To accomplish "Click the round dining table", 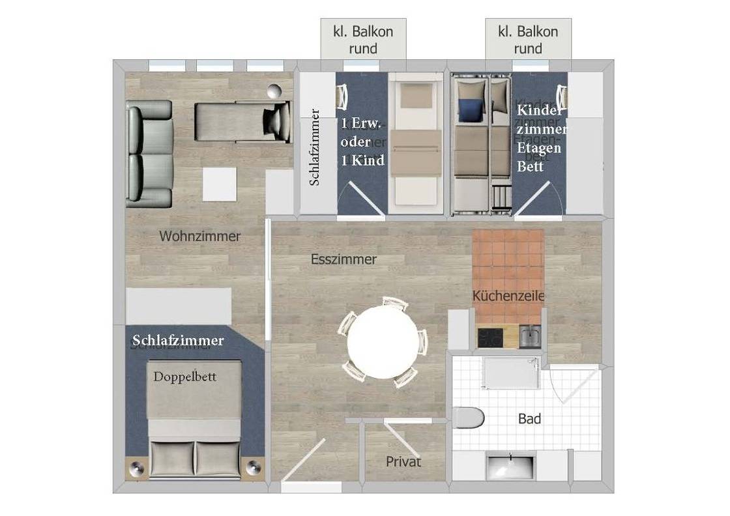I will [x=382, y=341].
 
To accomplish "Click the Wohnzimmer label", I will [x=199, y=236].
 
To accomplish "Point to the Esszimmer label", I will [x=343, y=259].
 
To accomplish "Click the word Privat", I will [x=403, y=462].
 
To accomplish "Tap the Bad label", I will [x=529, y=419].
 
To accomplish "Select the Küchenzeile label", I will [x=508, y=296].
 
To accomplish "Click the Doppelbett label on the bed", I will [x=185, y=377].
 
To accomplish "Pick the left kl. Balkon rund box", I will [x=363, y=40].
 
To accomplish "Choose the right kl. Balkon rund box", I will [x=527, y=40].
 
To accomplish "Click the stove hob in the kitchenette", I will [x=490, y=337].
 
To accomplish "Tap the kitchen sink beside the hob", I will [x=529, y=337].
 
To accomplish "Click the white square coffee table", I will [x=219, y=184].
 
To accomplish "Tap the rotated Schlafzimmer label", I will [x=315, y=148].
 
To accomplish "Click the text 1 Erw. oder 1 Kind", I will [x=362, y=142].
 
